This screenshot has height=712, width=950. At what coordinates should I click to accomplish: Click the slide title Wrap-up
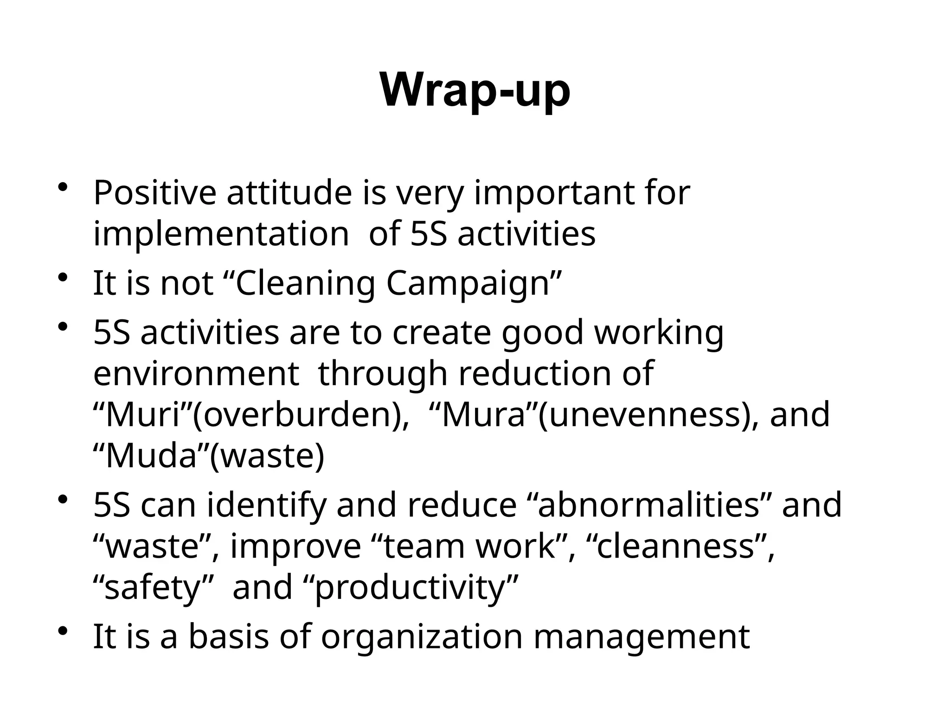pyautogui.click(x=475, y=91)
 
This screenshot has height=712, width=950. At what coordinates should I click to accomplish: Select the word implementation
pyautogui.click(x=221, y=234)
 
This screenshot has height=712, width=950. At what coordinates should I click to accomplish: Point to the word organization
pyautogui.click(x=422, y=637)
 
